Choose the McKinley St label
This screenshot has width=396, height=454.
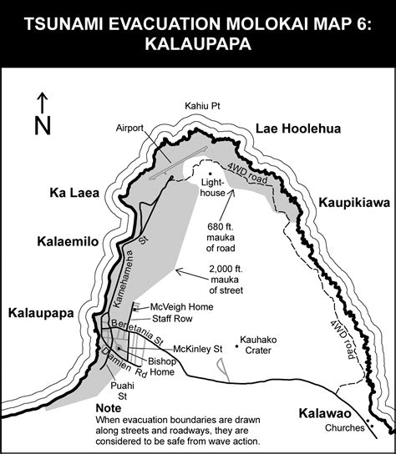tap(197, 349)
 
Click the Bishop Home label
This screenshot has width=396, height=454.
tap(162, 366)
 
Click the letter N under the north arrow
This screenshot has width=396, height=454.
tap(43, 125)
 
